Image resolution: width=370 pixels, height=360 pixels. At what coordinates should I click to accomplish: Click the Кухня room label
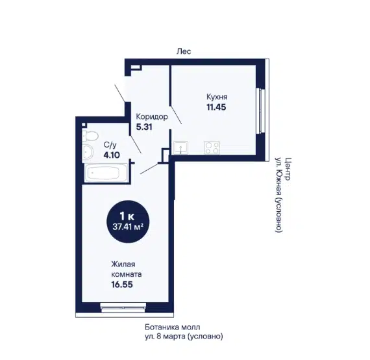tap(217, 97)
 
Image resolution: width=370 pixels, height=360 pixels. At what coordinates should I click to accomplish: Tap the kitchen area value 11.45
tap(216, 107)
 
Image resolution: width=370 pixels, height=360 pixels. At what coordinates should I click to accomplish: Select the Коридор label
tap(152, 117)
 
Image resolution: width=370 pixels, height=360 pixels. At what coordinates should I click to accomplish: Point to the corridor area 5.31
tap(144, 127)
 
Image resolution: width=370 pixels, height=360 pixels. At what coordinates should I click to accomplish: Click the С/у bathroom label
tap(110, 145)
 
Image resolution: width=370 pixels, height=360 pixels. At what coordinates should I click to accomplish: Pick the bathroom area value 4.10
tap(112, 155)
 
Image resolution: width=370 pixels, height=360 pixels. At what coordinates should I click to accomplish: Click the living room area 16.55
tap(122, 285)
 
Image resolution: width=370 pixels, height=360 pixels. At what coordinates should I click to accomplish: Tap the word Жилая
tap(123, 264)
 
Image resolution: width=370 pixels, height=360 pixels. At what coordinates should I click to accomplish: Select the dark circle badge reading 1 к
tap(128, 222)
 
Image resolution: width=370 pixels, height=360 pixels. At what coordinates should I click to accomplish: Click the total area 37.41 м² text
tap(128, 227)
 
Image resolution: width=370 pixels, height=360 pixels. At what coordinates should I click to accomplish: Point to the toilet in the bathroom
tap(90, 136)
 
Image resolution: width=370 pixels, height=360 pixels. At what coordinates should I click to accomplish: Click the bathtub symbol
tap(105, 173)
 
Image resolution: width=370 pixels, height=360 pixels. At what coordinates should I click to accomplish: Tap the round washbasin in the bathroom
tap(88, 151)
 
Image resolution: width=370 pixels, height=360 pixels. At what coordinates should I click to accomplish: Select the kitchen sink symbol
tap(180, 148)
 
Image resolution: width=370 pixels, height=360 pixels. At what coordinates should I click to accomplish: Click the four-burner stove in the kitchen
tap(212, 148)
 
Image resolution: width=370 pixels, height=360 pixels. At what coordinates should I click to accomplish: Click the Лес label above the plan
tap(184, 51)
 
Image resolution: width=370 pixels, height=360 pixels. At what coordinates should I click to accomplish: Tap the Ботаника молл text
tap(172, 328)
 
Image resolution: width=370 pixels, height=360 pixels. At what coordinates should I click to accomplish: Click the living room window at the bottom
tap(123, 307)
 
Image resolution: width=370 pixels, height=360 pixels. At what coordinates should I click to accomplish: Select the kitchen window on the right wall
tap(260, 110)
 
